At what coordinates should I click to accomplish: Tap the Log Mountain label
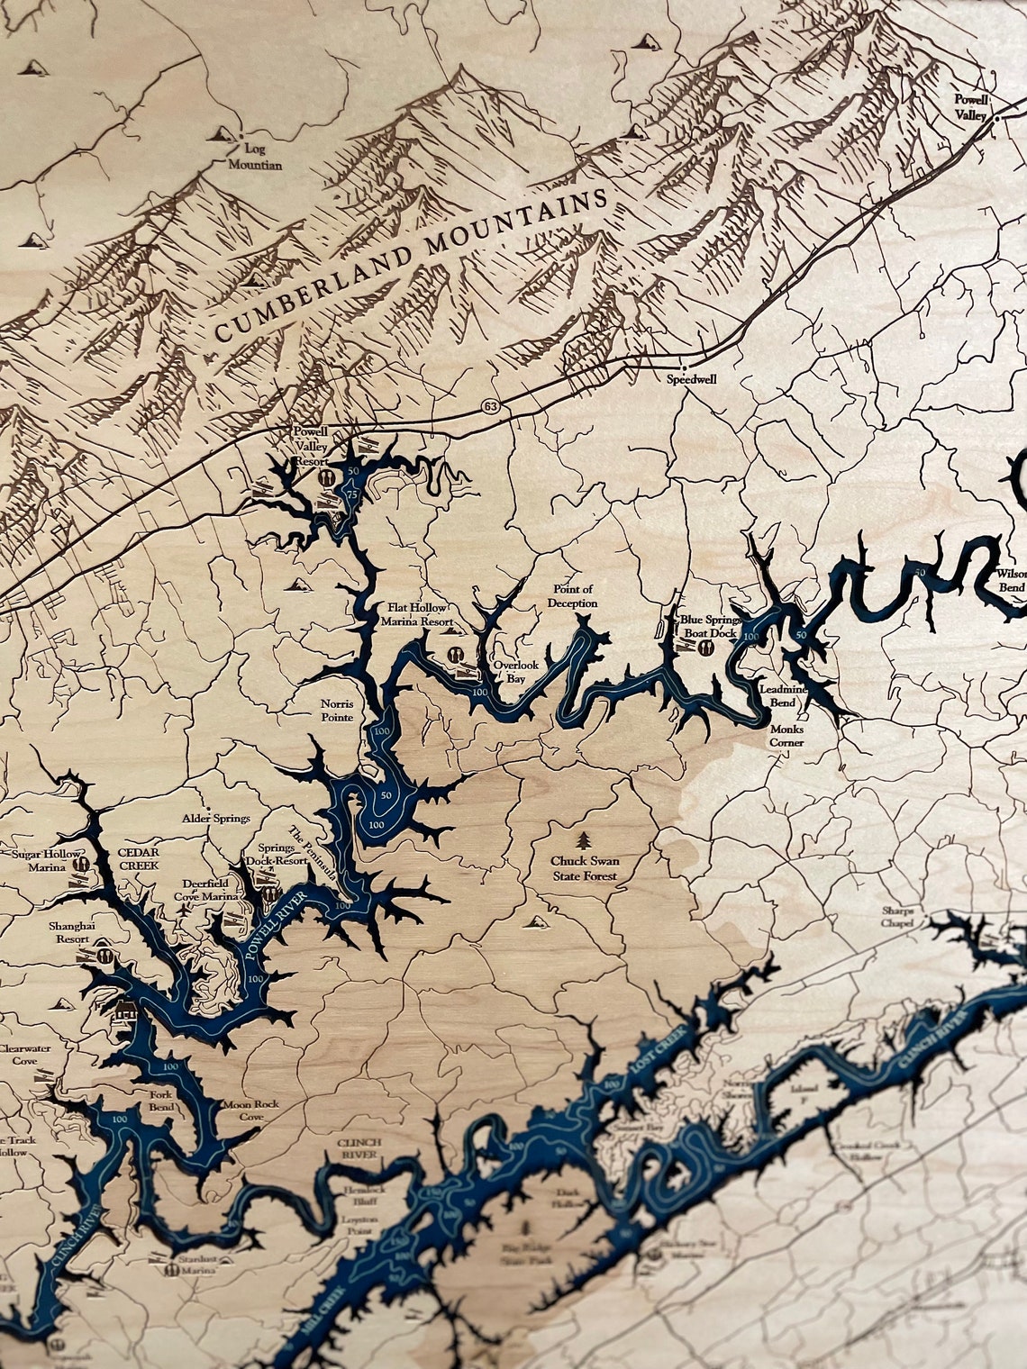click(x=254, y=158)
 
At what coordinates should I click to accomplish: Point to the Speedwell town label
click(x=691, y=380)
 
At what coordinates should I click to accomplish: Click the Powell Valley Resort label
click(x=308, y=447)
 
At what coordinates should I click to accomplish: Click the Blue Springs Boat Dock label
click(x=711, y=625)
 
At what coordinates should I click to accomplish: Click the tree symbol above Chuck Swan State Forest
click(x=585, y=841)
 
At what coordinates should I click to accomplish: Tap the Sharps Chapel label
click(x=899, y=916)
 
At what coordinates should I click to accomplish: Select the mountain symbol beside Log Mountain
click(x=218, y=134)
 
